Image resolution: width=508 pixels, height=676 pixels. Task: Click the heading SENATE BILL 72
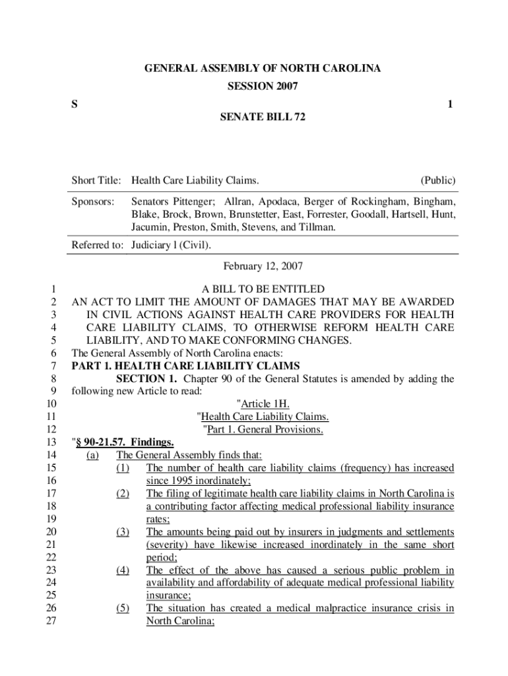tap(263, 118)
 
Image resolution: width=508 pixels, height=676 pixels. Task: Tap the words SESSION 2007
tap(263, 86)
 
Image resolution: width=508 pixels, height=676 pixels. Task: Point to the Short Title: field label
tap(96, 180)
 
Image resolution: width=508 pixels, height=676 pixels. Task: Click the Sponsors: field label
tap(94, 200)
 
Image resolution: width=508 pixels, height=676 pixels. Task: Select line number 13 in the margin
tap(51, 442)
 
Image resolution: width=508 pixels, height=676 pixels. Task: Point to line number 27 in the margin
tap(51, 621)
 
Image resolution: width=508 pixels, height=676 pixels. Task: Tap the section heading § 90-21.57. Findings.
tap(123, 442)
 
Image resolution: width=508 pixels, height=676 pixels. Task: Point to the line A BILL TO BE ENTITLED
tap(263, 289)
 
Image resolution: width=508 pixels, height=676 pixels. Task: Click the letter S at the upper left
tap(75, 104)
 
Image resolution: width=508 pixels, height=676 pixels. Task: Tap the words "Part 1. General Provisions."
tap(263, 430)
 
